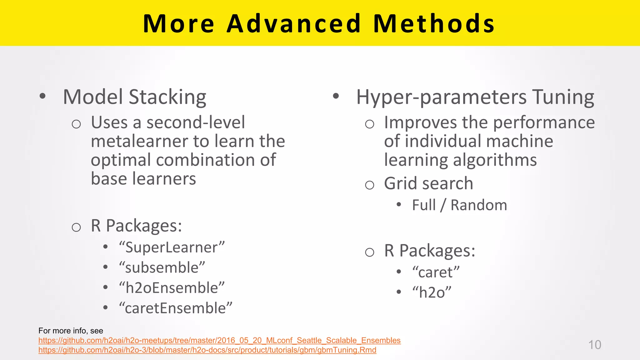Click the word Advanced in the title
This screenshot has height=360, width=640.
[294, 23]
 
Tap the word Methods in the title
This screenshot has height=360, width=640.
[434, 23]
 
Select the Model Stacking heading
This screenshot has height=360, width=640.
[134, 97]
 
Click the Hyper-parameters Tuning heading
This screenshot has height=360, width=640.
[475, 97]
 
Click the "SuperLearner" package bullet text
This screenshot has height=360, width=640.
[172, 247]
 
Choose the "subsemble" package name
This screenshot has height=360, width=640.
[162, 268]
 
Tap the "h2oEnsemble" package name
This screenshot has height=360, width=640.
[172, 288]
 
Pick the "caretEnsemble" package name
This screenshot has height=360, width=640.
[175, 308]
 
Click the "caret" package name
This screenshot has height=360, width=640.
[436, 272]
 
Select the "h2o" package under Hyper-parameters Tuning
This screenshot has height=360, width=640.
[432, 292]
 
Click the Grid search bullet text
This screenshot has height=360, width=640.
[428, 183]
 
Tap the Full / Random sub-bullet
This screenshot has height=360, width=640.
[459, 205]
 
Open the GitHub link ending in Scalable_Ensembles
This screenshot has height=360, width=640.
[219, 340]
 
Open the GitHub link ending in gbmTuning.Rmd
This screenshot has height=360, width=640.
[207, 350]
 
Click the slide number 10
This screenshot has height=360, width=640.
[594, 345]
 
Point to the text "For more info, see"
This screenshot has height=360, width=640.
[71, 331]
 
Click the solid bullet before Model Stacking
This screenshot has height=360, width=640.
[43, 96]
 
